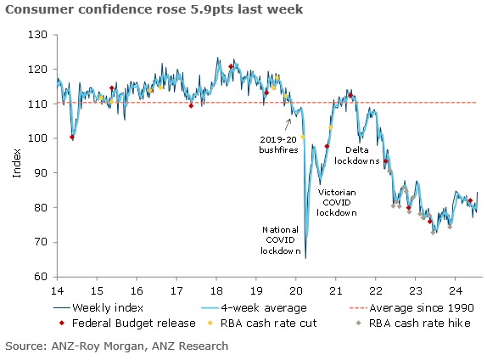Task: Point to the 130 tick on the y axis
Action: [39, 35]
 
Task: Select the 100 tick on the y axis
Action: [39, 138]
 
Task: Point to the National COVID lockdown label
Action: [281, 239]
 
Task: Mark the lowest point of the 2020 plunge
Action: [305, 257]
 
